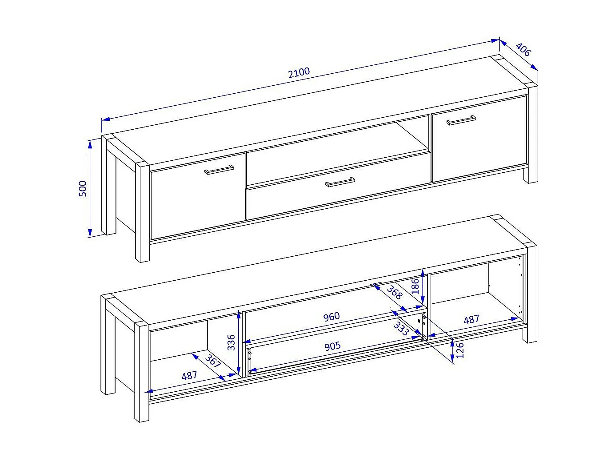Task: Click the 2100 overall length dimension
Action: pos(299,72)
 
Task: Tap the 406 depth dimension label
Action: pos(523,50)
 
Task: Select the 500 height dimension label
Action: pos(83,189)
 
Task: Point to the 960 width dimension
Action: pos(331,317)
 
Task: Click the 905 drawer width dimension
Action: pos(332,346)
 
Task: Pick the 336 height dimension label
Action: pos(231,342)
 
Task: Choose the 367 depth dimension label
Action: pos(213,361)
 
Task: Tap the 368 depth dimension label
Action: pos(395,293)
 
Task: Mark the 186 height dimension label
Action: pos(415,286)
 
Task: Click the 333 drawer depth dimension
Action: pos(401,329)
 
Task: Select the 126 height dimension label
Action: pos(460,350)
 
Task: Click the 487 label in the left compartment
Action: pos(189,376)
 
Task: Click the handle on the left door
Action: pos(219,170)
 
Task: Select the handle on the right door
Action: pos(461,120)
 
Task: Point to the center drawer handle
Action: pos(340,182)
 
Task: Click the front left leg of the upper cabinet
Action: pos(143,212)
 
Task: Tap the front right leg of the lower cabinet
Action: pos(530,294)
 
